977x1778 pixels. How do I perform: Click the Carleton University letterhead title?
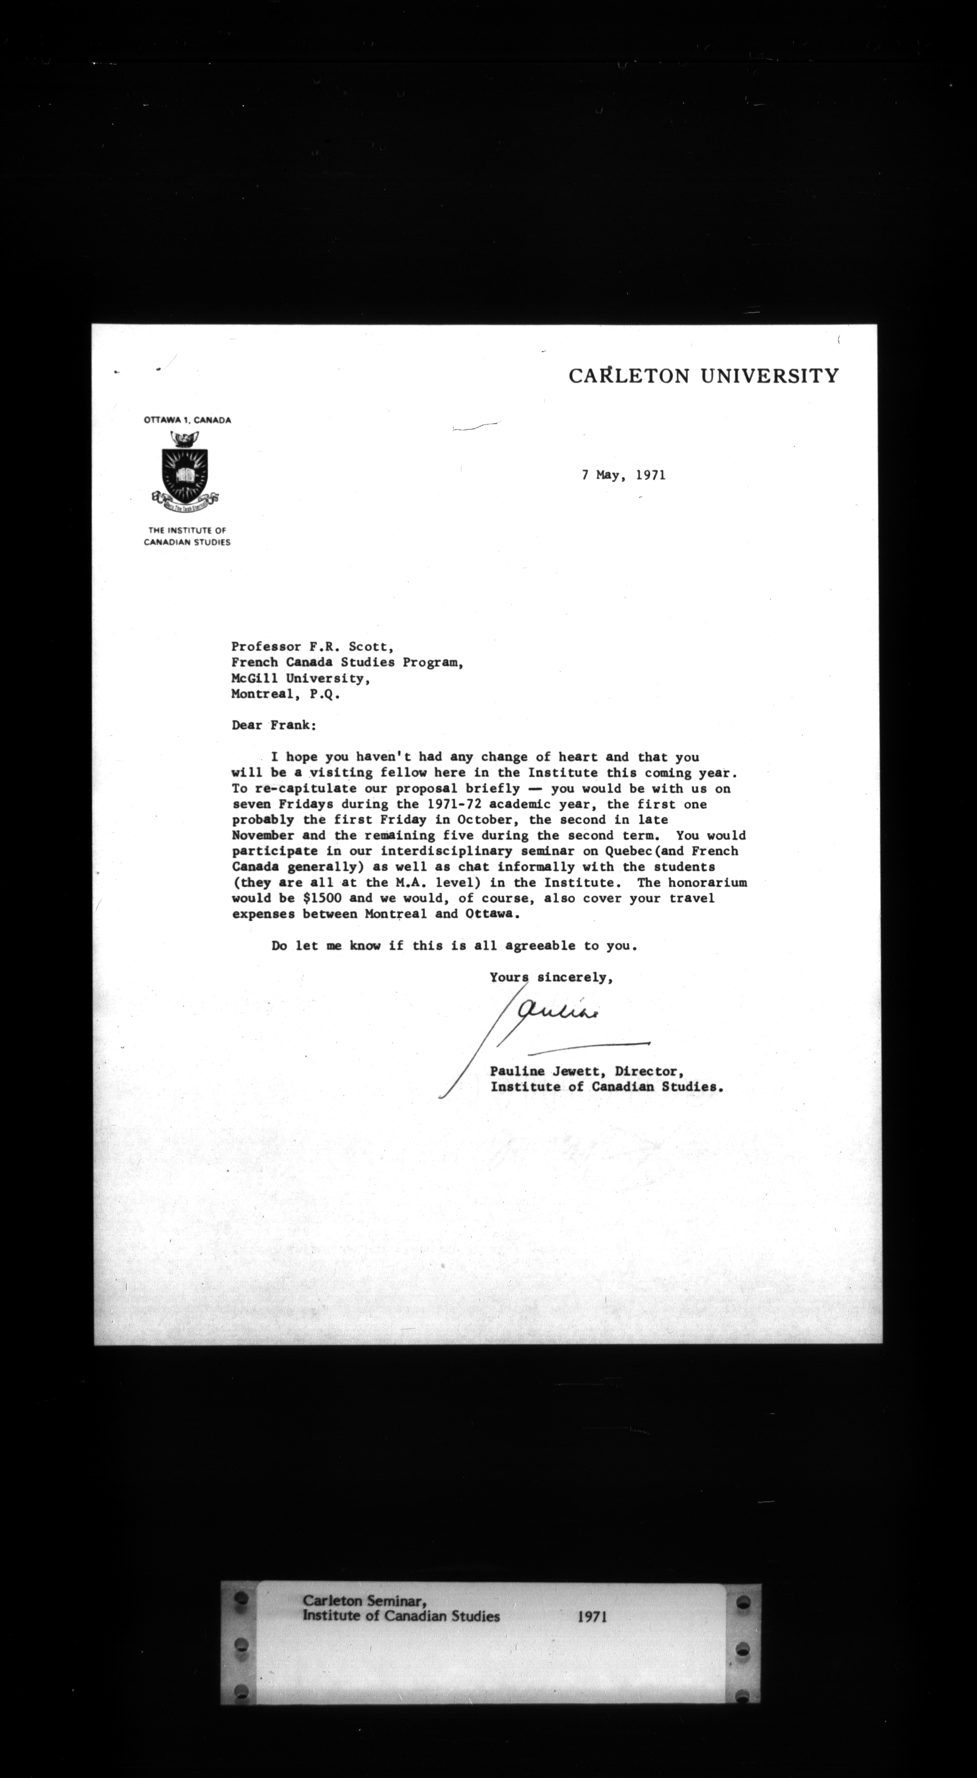(x=704, y=376)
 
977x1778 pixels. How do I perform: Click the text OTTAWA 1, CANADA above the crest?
(x=187, y=420)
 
